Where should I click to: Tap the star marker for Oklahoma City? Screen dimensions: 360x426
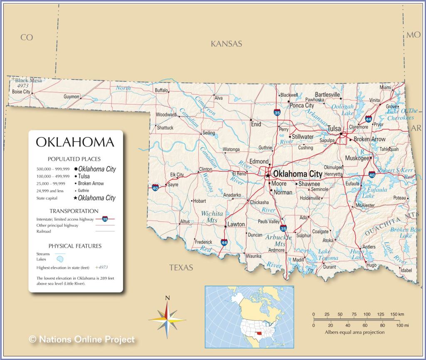(x=268, y=175)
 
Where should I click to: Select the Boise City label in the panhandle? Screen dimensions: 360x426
(x=21, y=92)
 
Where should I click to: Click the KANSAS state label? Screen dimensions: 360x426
(x=226, y=44)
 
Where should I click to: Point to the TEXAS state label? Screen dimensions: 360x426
(x=181, y=268)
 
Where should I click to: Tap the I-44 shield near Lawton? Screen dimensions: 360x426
(x=224, y=242)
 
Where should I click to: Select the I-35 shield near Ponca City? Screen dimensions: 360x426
(x=277, y=112)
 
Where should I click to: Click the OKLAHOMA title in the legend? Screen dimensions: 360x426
(x=75, y=142)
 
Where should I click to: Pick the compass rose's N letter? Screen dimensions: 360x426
(x=167, y=297)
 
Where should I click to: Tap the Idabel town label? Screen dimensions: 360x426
(x=406, y=270)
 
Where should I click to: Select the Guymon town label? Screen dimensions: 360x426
(x=71, y=97)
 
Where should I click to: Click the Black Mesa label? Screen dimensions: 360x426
(x=28, y=80)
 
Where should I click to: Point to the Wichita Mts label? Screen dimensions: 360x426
(x=212, y=216)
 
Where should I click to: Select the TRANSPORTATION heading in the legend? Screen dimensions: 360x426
(x=74, y=211)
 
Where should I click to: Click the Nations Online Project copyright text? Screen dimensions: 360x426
(x=82, y=340)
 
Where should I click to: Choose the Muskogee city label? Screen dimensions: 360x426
(x=357, y=158)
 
